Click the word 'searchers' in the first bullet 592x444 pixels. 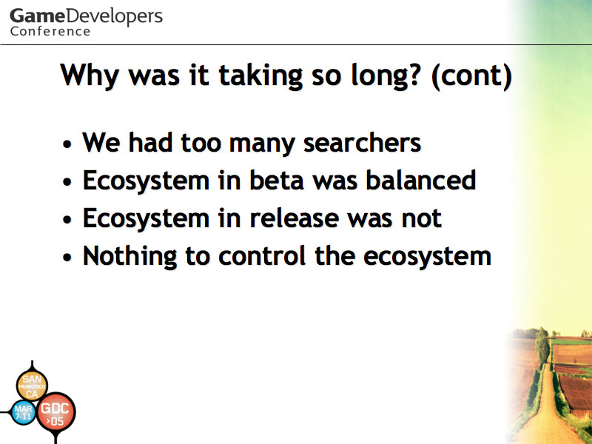[x=362, y=143]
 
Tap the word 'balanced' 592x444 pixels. [x=420, y=180]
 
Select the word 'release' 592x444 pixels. [x=294, y=218]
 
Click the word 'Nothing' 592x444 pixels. [x=130, y=257]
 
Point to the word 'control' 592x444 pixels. [x=262, y=255]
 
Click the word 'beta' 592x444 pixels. [x=277, y=180]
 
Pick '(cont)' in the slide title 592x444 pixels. [x=471, y=76]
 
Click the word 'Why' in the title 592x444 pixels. [x=90, y=76]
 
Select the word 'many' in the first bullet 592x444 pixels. [x=262, y=144]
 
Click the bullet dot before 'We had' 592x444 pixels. [x=67, y=144]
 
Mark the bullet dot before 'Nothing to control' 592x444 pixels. [x=67, y=258]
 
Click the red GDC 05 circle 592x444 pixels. [x=55, y=411]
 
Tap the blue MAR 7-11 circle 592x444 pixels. [x=24, y=412]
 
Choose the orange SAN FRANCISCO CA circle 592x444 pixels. [x=32, y=385]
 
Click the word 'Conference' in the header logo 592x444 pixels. [x=50, y=31]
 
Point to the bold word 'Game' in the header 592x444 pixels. [x=37, y=16]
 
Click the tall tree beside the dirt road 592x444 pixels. [x=542, y=346]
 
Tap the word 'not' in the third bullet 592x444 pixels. [x=422, y=218]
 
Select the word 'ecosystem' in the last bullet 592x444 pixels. [x=427, y=257]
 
